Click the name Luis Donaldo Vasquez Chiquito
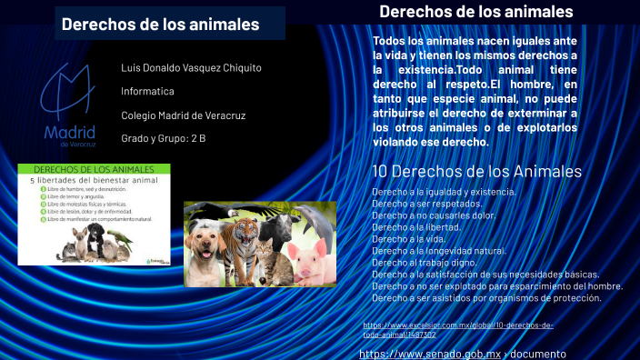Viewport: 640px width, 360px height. [191, 68]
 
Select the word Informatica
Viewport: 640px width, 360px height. [147, 92]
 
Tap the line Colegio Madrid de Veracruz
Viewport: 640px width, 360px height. [183, 115]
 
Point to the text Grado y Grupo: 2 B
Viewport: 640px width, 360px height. [163, 138]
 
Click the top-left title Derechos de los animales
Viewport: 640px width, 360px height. [160, 25]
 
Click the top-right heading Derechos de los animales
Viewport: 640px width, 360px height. [475, 12]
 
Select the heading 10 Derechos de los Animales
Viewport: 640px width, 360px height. [476, 172]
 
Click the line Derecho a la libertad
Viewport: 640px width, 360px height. [415, 227]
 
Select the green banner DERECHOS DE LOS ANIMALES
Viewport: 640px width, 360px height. [94, 170]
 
